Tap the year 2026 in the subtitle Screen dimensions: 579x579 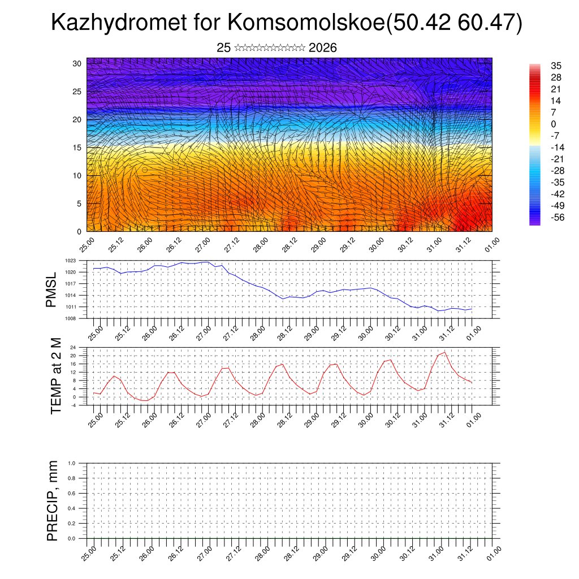pyautogui.click(x=323, y=48)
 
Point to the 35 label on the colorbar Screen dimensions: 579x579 pyautogui.click(x=556, y=66)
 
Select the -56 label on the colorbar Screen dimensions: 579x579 pyautogui.click(x=558, y=217)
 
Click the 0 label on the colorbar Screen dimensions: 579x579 pyautogui.click(x=554, y=124)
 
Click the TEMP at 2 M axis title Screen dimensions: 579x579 pyautogui.click(x=55, y=375)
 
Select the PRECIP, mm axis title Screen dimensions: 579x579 pyautogui.click(x=53, y=500)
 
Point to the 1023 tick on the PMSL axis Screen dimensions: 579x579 pyautogui.click(x=70, y=261)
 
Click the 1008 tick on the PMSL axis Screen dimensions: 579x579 pyautogui.click(x=70, y=318)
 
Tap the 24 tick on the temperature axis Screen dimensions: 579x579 pyautogui.click(x=73, y=347)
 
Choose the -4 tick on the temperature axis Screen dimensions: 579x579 pyautogui.click(x=73, y=405)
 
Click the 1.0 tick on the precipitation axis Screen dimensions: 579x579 pyautogui.click(x=72, y=463)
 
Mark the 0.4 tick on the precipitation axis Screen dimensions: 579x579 pyautogui.click(x=72, y=508)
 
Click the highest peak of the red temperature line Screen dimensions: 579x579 pyautogui.click(x=445, y=352)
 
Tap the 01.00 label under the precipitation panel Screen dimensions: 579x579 pyautogui.click(x=493, y=552)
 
